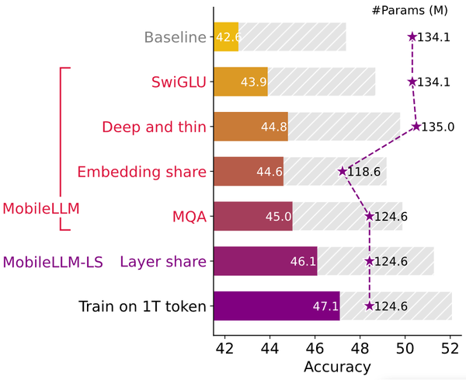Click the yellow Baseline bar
click(x=226, y=37)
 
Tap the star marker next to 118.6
click(x=342, y=172)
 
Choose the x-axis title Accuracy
click(x=337, y=366)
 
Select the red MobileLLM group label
click(x=41, y=208)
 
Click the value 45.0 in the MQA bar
click(x=278, y=217)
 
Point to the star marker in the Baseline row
click(x=412, y=37)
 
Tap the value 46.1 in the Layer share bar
click(x=303, y=262)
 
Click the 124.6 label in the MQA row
click(x=391, y=217)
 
